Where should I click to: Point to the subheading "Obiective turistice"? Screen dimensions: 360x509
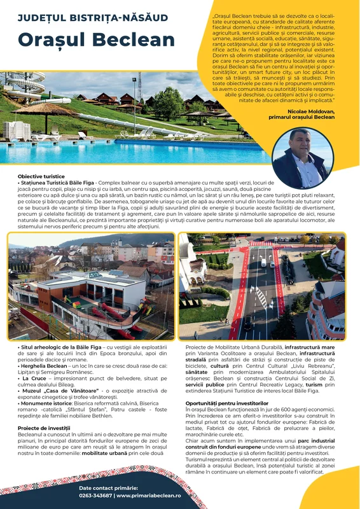[42, 176]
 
